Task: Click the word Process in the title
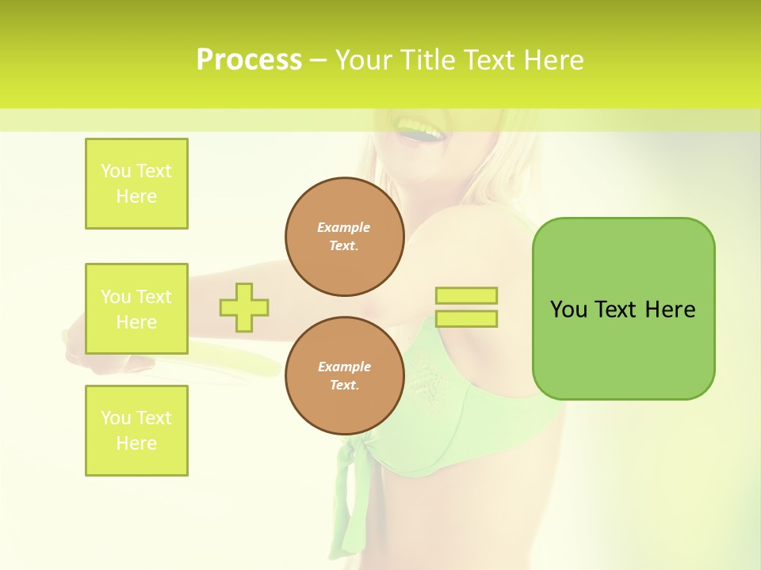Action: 249,60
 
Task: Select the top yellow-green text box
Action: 136,184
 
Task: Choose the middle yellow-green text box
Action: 136,309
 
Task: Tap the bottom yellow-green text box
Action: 136,431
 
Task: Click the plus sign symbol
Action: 244,307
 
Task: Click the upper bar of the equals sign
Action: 466,296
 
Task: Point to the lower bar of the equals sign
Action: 466,319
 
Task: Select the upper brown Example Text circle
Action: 344,236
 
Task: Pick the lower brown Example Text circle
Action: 344,375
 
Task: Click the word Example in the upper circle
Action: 344,227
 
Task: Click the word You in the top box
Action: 116,171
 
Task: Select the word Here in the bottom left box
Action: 136,443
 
